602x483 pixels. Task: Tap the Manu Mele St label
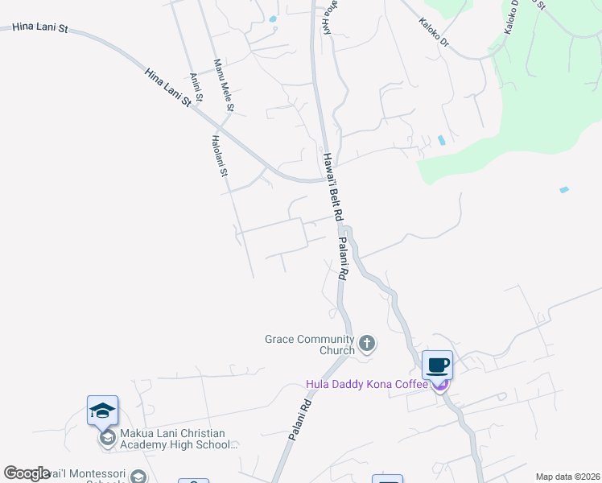(223, 85)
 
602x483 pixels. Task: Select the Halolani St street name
(220, 155)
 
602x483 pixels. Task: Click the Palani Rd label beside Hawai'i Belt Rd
(343, 258)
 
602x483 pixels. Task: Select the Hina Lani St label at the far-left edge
(41, 28)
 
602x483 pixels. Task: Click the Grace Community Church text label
(310, 345)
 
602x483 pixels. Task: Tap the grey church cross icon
(367, 345)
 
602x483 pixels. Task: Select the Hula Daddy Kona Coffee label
(366, 384)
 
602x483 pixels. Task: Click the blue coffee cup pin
(437, 365)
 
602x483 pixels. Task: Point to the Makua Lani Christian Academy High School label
(179, 438)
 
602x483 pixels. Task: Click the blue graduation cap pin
(103, 411)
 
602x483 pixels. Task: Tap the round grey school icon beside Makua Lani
(107, 438)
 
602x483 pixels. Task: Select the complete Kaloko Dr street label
(433, 32)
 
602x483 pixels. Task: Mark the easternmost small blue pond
(564, 190)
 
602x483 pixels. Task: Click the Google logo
(27, 473)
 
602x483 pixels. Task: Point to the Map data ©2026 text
(567, 477)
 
